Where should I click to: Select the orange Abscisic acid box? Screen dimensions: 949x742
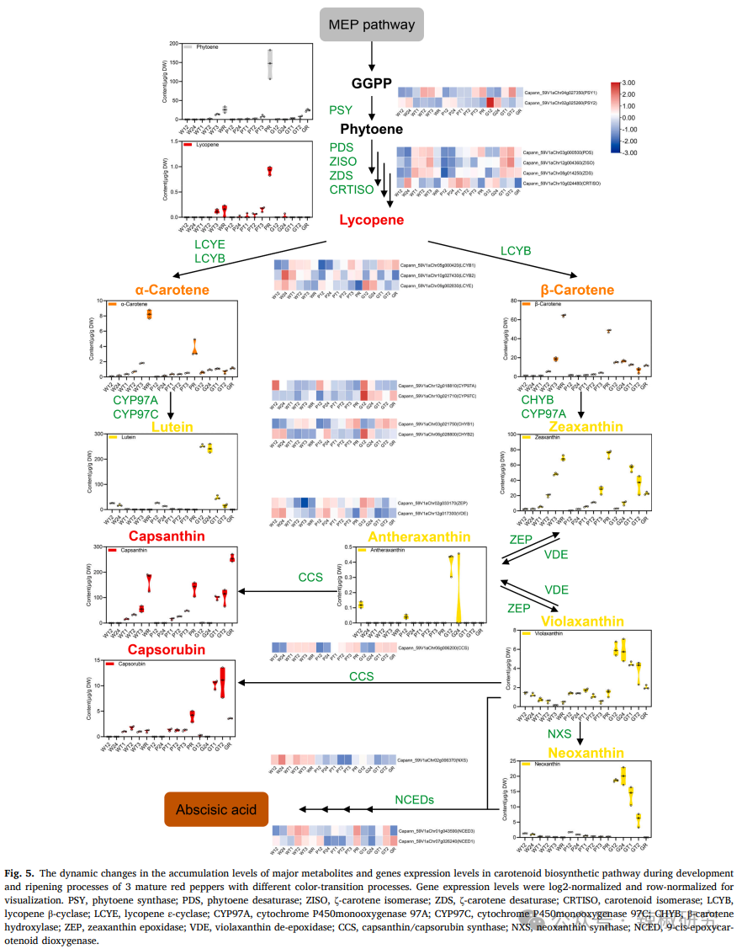(216, 810)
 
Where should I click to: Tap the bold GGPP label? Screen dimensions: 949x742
(371, 83)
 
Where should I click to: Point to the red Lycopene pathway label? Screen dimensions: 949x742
(371, 221)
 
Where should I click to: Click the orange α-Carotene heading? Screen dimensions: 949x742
(172, 290)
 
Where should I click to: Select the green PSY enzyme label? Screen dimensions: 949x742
(341, 110)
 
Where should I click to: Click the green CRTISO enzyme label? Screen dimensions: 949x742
(352, 190)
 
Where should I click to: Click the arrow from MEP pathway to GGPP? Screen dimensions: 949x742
(371, 56)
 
